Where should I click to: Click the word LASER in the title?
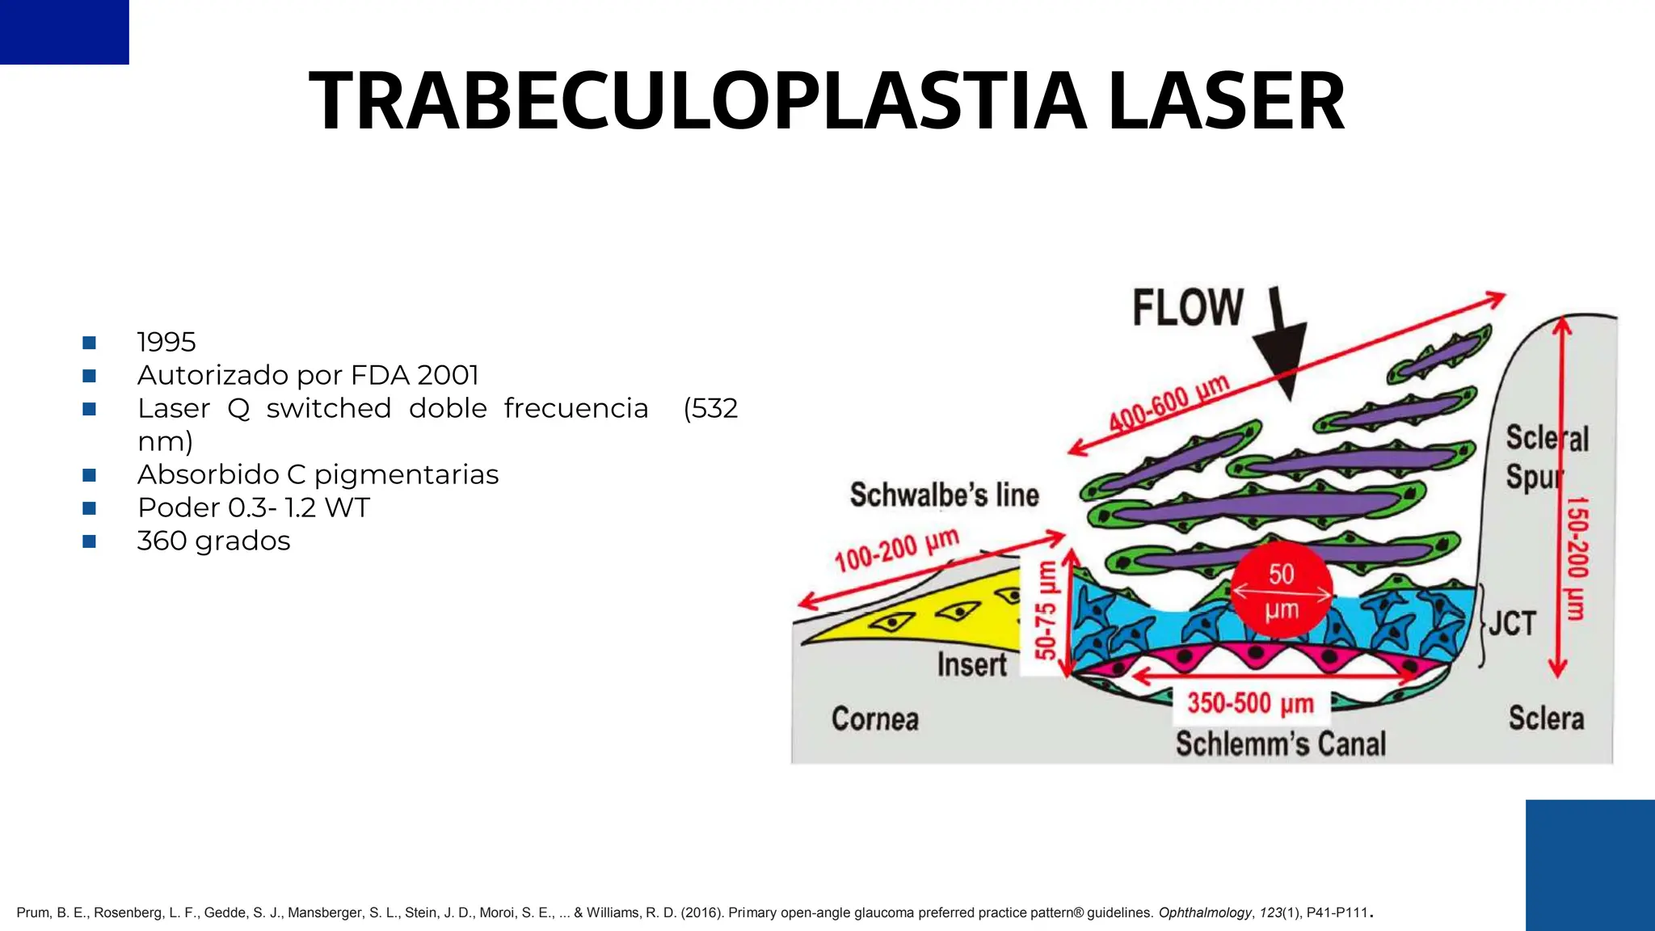pyautogui.click(x=1226, y=101)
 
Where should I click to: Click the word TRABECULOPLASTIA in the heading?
pyautogui.click(x=697, y=101)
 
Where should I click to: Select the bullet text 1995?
pyautogui.click(x=166, y=342)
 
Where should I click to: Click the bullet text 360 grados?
pyautogui.click(x=213, y=541)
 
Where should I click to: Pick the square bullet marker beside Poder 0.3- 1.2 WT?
pyautogui.click(x=90, y=508)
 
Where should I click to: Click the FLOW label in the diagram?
pyautogui.click(x=1187, y=308)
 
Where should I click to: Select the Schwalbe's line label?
pyautogui.click(x=944, y=495)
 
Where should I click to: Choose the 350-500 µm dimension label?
pyautogui.click(x=1250, y=703)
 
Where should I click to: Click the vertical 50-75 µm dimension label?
pyautogui.click(x=1046, y=610)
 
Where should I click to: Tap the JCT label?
pyautogui.click(x=1512, y=623)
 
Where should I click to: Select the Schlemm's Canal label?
pyautogui.click(x=1280, y=744)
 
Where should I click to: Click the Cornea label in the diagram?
pyautogui.click(x=875, y=718)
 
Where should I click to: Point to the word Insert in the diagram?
pyautogui.click(x=971, y=665)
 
